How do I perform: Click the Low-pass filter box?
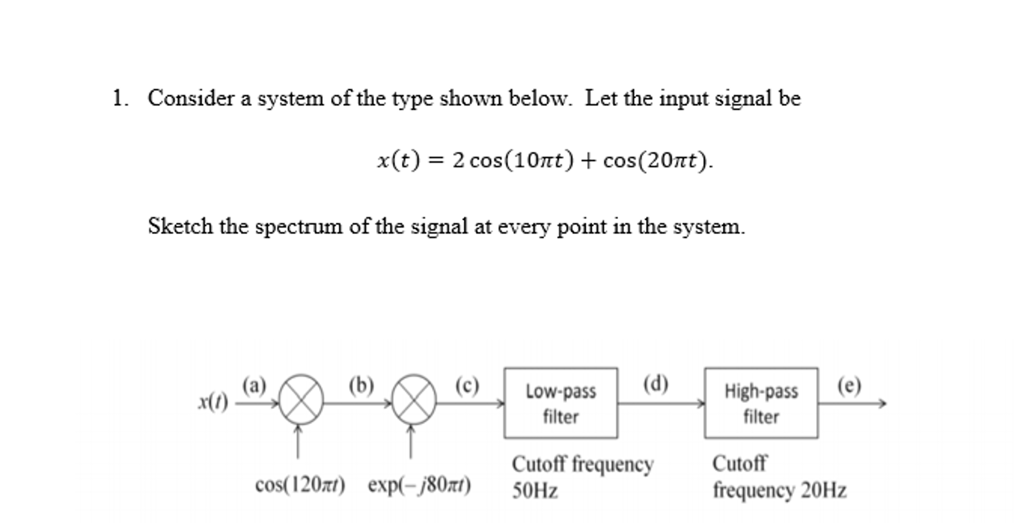[x=560, y=403]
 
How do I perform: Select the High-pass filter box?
[x=760, y=403]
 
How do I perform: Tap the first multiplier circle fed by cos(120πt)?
[x=301, y=400]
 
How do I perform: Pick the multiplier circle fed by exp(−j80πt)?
[x=413, y=400]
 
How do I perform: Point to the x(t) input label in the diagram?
[x=213, y=402]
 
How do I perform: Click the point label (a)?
[x=254, y=386]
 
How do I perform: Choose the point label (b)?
[x=361, y=386]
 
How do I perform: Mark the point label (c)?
[x=467, y=386]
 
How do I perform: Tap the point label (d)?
[x=655, y=385]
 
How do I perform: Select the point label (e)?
[x=849, y=386]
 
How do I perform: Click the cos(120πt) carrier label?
[x=300, y=485]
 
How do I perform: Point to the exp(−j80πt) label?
[x=419, y=485]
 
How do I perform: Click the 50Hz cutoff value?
[x=535, y=490]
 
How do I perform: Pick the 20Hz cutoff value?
[x=823, y=490]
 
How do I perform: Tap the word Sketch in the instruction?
[x=180, y=226]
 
